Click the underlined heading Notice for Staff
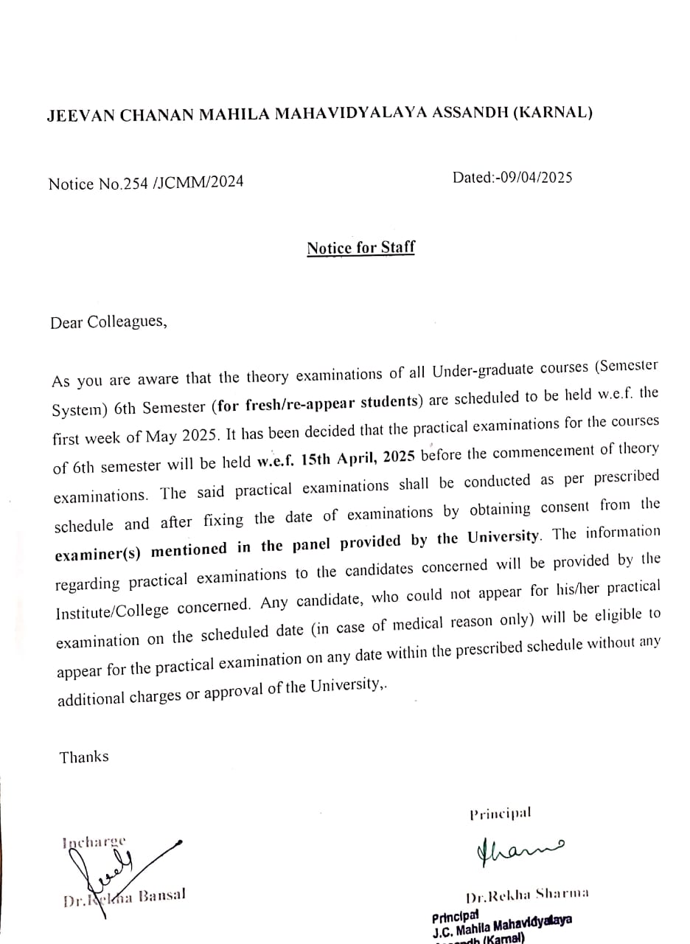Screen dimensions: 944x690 (360, 248)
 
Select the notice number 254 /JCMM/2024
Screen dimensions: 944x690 (170, 183)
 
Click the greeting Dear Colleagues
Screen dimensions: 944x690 (108, 323)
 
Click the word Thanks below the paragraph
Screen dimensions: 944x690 (84, 757)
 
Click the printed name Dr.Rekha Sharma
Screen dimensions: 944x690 (527, 896)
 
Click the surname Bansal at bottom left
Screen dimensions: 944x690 (159, 895)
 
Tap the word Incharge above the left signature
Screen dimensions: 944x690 (94, 841)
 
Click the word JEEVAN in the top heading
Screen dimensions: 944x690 (78, 116)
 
